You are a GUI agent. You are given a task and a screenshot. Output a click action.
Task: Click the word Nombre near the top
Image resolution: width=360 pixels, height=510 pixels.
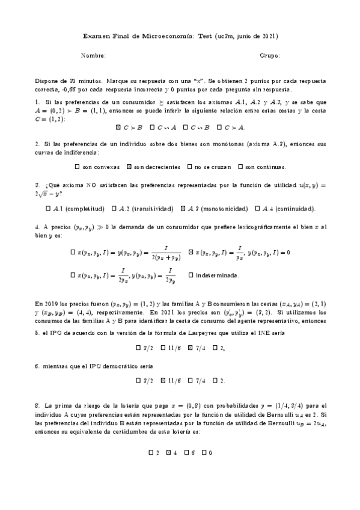[x=93, y=56]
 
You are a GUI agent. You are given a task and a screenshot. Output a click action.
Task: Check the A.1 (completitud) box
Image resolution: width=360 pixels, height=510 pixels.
[x=48, y=209]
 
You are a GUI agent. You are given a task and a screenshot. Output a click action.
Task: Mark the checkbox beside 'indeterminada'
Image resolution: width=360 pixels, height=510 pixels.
[x=191, y=275]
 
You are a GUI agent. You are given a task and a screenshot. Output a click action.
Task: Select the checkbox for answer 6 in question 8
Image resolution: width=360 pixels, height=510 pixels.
[x=188, y=452]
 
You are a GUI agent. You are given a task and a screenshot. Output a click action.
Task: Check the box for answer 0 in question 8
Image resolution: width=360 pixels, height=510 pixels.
[x=204, y=452]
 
